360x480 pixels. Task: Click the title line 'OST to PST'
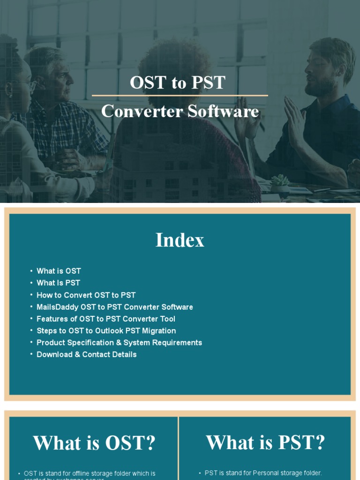pyautogui.click(x=178, y=82)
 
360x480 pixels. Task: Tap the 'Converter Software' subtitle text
pyautogui.click(x=180, y=111)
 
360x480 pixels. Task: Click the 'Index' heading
pyautogui.click(x=180, y=240)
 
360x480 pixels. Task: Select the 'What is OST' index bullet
pyautogui.click(x=59, y=271)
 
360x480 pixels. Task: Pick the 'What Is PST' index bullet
pyautogui.click(x=58, y=283)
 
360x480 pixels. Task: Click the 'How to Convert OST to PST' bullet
pyautogui.click(x=86, y=295)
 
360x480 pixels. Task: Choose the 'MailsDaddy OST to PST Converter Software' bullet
pyautogui.click(x=114, y=307)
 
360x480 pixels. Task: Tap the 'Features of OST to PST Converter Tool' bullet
pyautogui.click(x=106, y=319)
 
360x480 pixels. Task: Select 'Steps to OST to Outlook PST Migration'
pyautogui.click(x=106, y=330)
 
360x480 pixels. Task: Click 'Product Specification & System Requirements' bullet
pyautogui.click(x=119, y=343)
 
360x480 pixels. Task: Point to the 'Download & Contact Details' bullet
pyautogui.click(x=86, y=354)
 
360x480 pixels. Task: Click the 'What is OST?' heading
pyautogui.click(x=94, y=443)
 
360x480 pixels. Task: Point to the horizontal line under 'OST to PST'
pyautogui.click(x=180, y=96)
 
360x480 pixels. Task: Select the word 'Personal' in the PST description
pyautogui.click(x=266, y=473)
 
